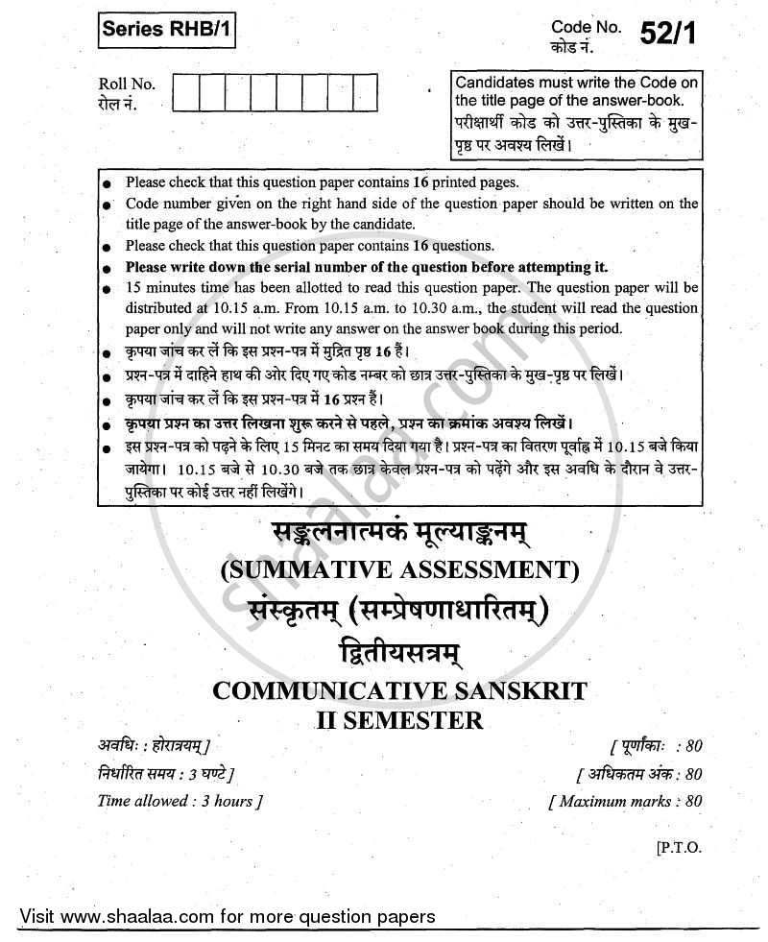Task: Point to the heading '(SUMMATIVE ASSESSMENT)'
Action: (400, 571)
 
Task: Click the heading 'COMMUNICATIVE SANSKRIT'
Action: (400, 690)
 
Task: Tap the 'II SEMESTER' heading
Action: (400, 717)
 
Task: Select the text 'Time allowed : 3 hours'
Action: (180, 800)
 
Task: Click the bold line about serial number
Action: (366, 267)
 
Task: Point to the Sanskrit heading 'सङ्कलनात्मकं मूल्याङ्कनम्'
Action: (400, 534)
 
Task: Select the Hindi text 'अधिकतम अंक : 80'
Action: (639, 774)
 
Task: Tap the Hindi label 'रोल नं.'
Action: (118, 104)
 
